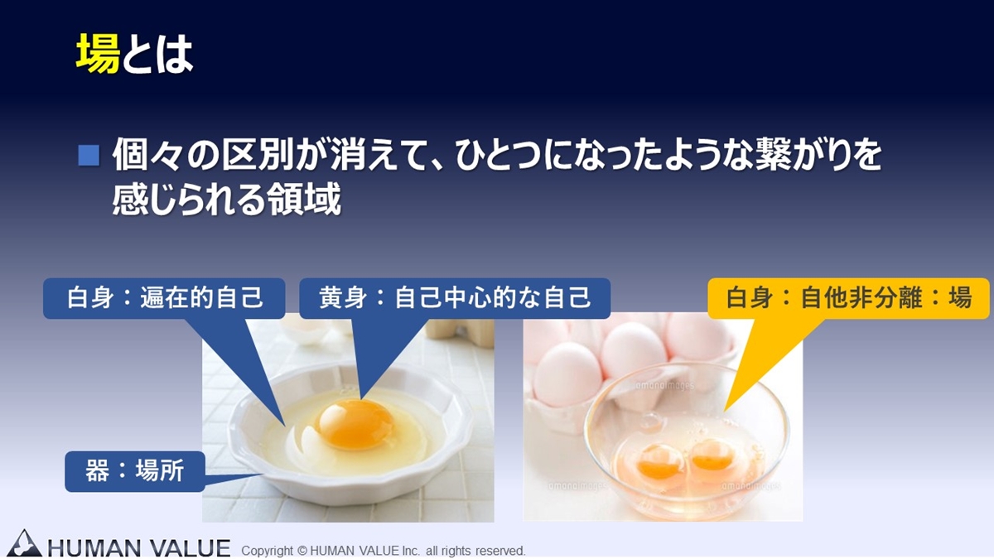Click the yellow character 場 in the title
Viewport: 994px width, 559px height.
point(98,54)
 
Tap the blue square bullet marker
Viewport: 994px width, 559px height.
point(89,156)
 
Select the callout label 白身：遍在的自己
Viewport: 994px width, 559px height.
point(164,297)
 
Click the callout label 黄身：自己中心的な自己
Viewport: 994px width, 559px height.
point(455,297)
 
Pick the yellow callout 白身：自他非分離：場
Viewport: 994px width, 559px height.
point(848,297)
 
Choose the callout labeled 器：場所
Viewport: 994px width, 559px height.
point(135,471)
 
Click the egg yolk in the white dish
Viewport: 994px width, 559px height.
point(355,424)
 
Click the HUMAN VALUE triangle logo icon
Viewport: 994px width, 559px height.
point(25,543)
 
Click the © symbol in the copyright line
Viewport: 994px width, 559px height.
point(302,551)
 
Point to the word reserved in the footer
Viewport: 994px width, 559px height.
point(500,551)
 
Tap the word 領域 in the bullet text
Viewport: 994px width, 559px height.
point(304,200)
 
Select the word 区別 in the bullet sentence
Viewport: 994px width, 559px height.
point(258,155)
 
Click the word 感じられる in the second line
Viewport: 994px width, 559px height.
point(189,200)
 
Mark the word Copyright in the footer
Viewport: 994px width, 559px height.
point(268,551)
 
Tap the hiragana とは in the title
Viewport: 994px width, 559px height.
point(157,54)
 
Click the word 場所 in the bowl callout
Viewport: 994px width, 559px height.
point(160,471)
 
